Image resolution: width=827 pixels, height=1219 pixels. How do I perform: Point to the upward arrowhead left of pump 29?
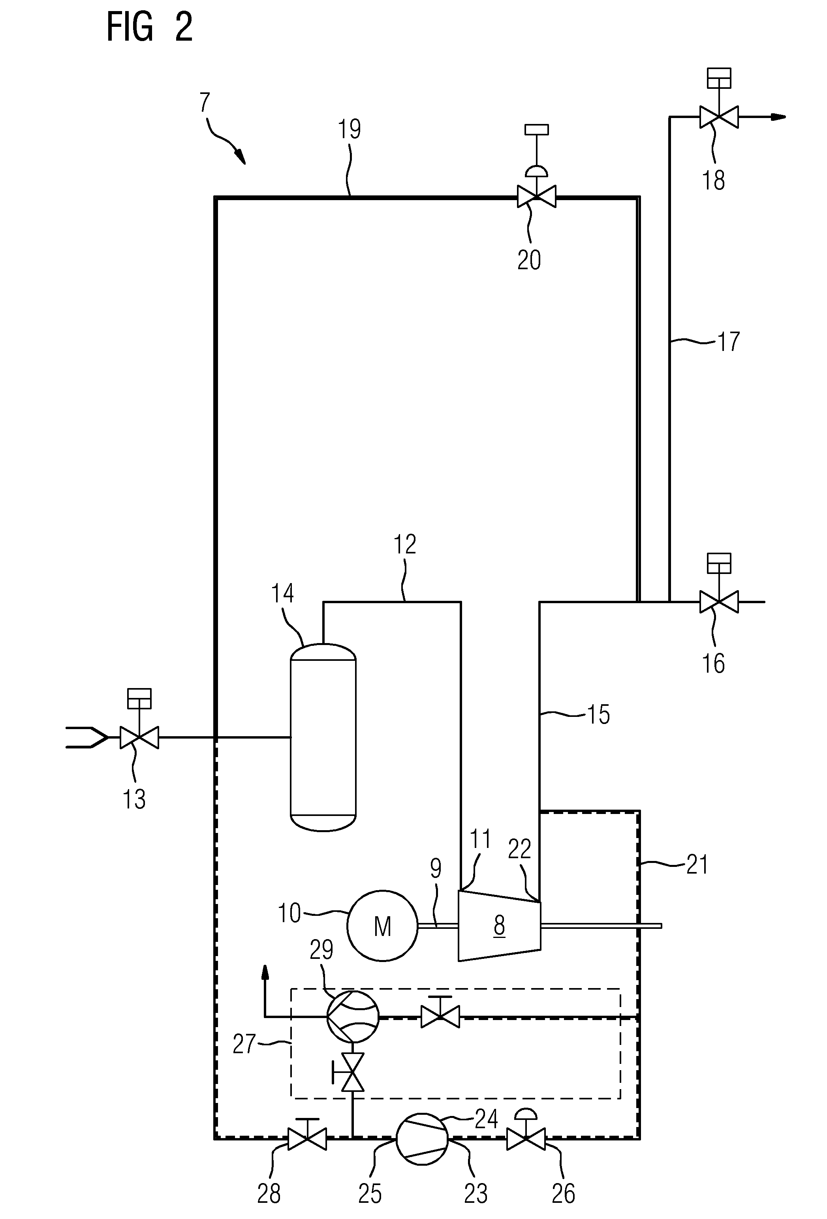coord(265,973)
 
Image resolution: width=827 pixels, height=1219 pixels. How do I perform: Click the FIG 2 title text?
coord(150,27)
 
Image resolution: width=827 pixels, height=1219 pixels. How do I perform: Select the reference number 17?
coord(728,341)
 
